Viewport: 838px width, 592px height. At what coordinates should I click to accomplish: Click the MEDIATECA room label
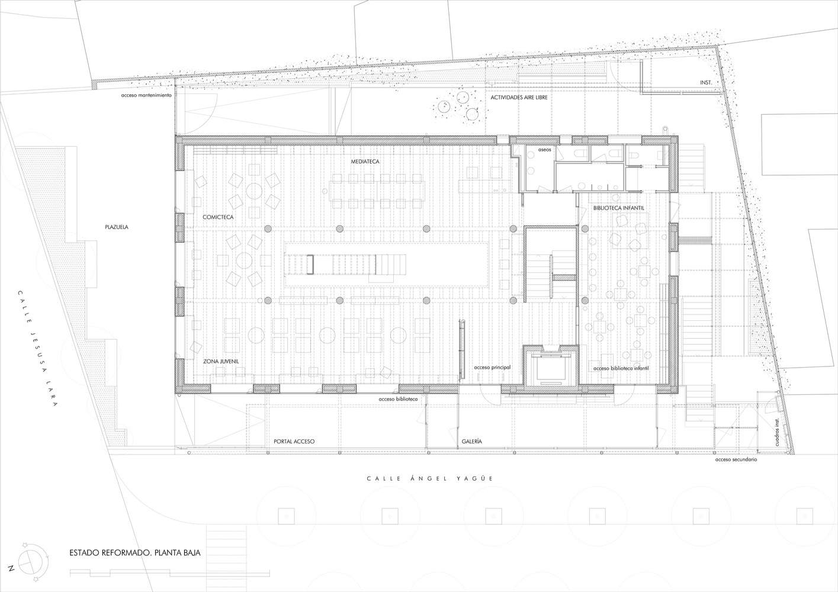365,162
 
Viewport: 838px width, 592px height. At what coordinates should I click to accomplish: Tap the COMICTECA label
218,217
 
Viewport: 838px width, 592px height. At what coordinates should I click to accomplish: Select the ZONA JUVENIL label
221,361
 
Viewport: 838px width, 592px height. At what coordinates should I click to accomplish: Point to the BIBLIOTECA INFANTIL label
619,208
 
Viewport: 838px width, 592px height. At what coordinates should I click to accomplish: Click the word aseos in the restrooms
544,150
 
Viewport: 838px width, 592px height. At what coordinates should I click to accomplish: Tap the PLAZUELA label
116,227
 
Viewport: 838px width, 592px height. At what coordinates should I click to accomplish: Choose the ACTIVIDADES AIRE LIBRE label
519,97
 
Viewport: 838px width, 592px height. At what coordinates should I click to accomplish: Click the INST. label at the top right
706,82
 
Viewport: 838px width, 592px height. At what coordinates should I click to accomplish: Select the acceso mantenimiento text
146,95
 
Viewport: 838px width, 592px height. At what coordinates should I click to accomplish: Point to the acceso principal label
492,367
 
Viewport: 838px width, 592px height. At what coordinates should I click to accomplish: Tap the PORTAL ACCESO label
294,441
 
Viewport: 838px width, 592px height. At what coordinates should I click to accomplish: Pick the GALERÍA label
471,441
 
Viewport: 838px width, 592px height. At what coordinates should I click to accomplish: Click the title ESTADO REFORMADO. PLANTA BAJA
135,553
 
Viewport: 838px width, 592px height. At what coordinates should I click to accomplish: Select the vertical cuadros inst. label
776,432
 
